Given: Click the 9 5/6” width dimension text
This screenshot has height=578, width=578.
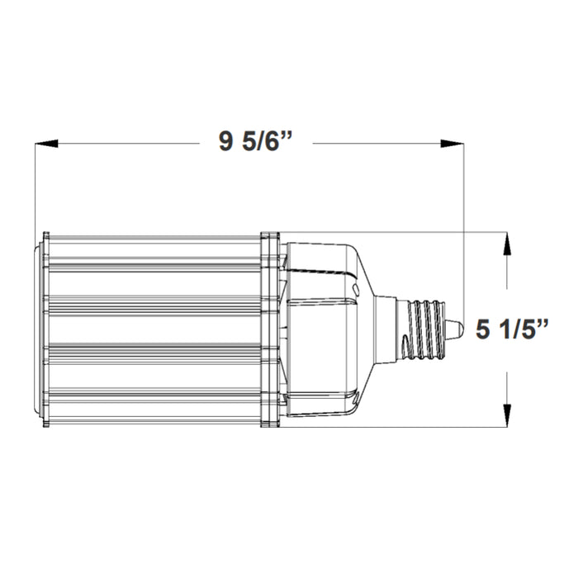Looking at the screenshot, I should click(257, 143).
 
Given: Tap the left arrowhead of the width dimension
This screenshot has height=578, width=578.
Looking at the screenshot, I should click(46, 144).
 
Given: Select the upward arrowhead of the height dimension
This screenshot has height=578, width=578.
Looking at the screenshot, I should click(506, 244).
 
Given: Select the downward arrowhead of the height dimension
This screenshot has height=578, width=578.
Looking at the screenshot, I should click(506, 415).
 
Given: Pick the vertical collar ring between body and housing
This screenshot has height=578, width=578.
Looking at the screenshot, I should click(269, 329).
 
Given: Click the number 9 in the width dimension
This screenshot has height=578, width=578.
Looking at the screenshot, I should click(225, 143).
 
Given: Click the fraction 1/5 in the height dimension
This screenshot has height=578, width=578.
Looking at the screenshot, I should click(519, 329).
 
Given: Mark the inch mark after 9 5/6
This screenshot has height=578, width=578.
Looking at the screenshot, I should click(290, 138).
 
